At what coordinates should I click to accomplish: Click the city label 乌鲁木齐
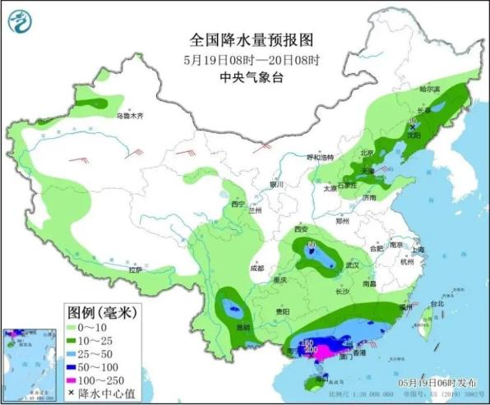(129, 117)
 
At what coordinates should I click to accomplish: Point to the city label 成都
(257, 268)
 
